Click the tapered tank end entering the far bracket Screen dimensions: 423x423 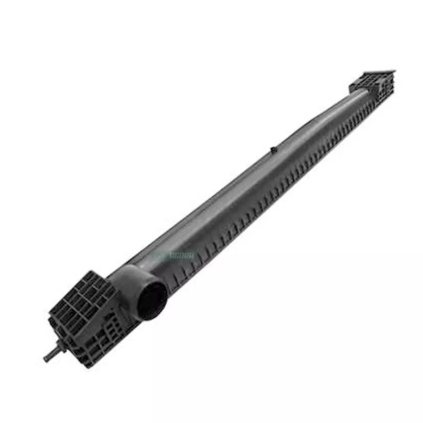pos(356,95)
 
